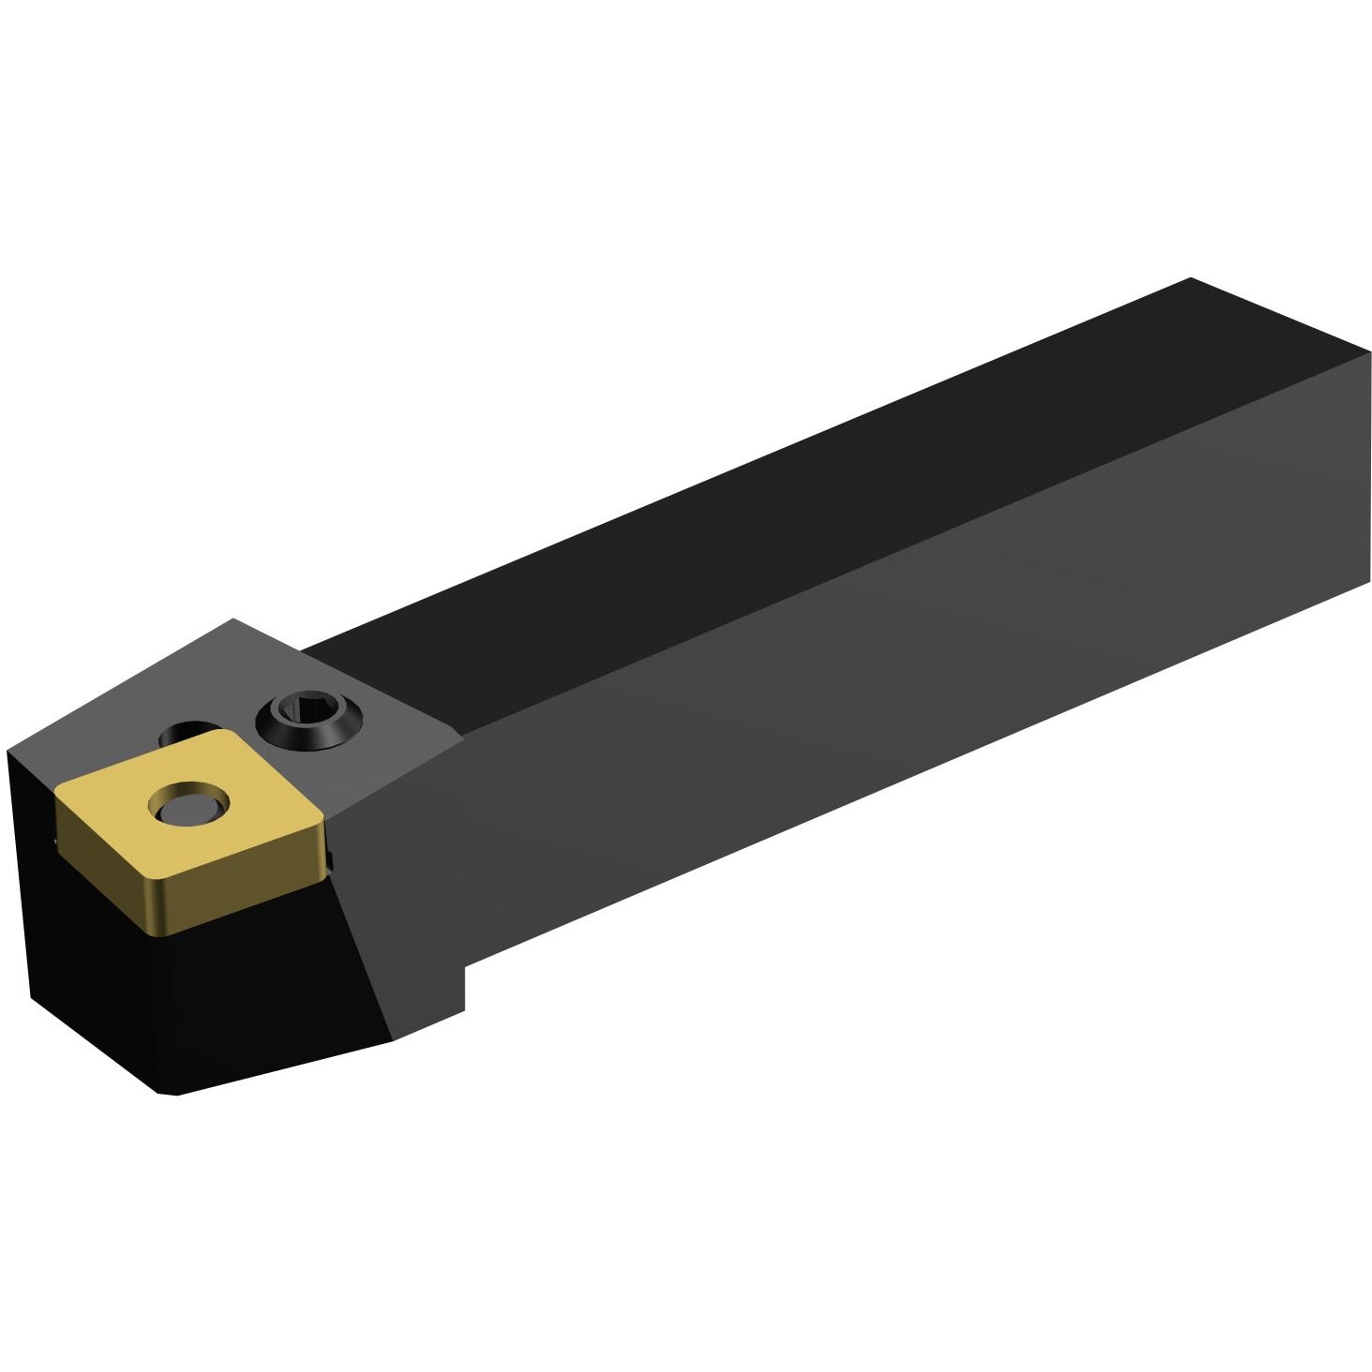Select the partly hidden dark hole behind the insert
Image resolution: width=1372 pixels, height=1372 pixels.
point(187,730)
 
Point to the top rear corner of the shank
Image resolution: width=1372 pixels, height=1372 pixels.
point(1190,278)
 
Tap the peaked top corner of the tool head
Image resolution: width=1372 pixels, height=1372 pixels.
point(232,619)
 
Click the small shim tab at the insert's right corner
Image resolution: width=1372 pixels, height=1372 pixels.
point(333,857)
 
